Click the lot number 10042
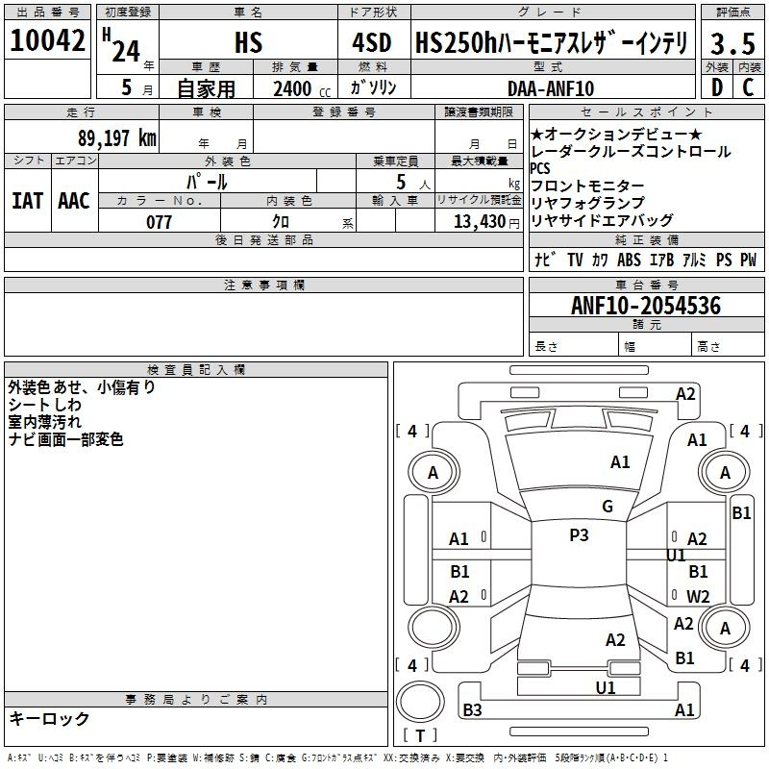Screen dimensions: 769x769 47,40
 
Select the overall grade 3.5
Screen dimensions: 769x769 732,43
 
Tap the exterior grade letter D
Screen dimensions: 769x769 717,87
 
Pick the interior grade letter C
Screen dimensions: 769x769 748,87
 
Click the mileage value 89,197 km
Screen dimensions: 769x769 117,138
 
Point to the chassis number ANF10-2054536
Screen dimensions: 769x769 646,306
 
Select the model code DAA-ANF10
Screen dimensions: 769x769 551,88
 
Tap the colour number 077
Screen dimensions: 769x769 159,222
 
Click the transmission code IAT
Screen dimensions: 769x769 28,201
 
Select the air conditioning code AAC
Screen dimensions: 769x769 74,201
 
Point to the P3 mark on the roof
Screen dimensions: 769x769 579,534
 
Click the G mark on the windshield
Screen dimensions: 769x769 608,507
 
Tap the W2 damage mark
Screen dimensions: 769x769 698,596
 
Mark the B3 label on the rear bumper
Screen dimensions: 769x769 472,709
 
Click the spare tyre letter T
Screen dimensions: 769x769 420,735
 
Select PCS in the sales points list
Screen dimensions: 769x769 540,168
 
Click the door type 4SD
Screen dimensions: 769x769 372,42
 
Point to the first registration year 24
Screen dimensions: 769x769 126,51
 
